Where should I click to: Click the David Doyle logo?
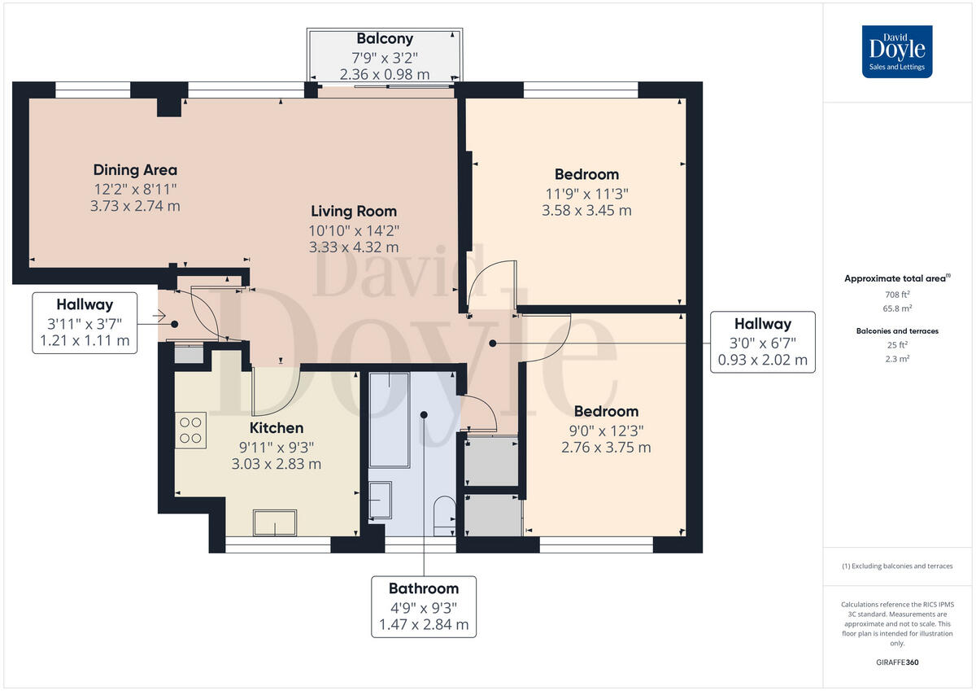coord(897,51)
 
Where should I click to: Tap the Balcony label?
coord(385,39)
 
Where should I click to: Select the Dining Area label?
coord(135,170)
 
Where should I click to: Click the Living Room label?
coord(354,212)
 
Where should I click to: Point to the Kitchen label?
coord(277,427)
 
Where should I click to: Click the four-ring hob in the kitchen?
coord(191,430)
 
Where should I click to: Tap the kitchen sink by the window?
coord(275,523)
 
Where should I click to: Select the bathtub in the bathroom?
coord(389,419)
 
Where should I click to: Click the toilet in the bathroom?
coord(444,516)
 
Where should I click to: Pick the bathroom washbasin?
coord(380,500)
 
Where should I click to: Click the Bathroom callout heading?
coord(424,588)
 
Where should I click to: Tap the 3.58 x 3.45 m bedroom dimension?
coord(586,211)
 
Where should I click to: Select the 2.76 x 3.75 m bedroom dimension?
coord(606,448)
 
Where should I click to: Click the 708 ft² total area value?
coord(897,295)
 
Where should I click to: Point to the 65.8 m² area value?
coord(897,308)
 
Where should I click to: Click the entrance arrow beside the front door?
coord(159,315)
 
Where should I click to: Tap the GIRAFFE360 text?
coord(897,663)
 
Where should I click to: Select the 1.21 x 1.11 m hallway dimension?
coord(85,340)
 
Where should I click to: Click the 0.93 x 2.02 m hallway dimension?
coord(763,360)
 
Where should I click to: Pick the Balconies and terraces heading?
coord(897,331)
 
